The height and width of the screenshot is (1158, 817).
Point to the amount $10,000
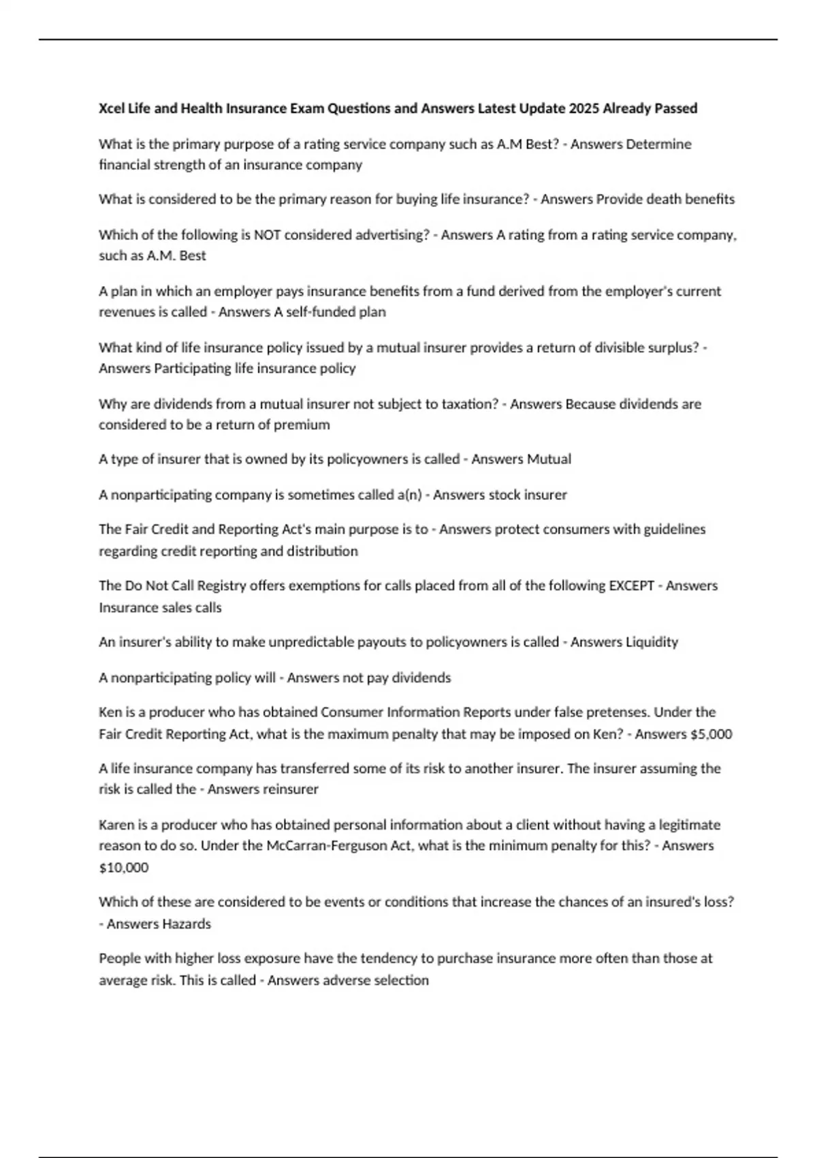pyautogui.click(x=123, y=868)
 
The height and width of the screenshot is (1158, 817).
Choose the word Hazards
pyautogui.click(x=185, y=924)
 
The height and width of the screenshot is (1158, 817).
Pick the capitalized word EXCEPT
pyautogui.click(x=631, y=586)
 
